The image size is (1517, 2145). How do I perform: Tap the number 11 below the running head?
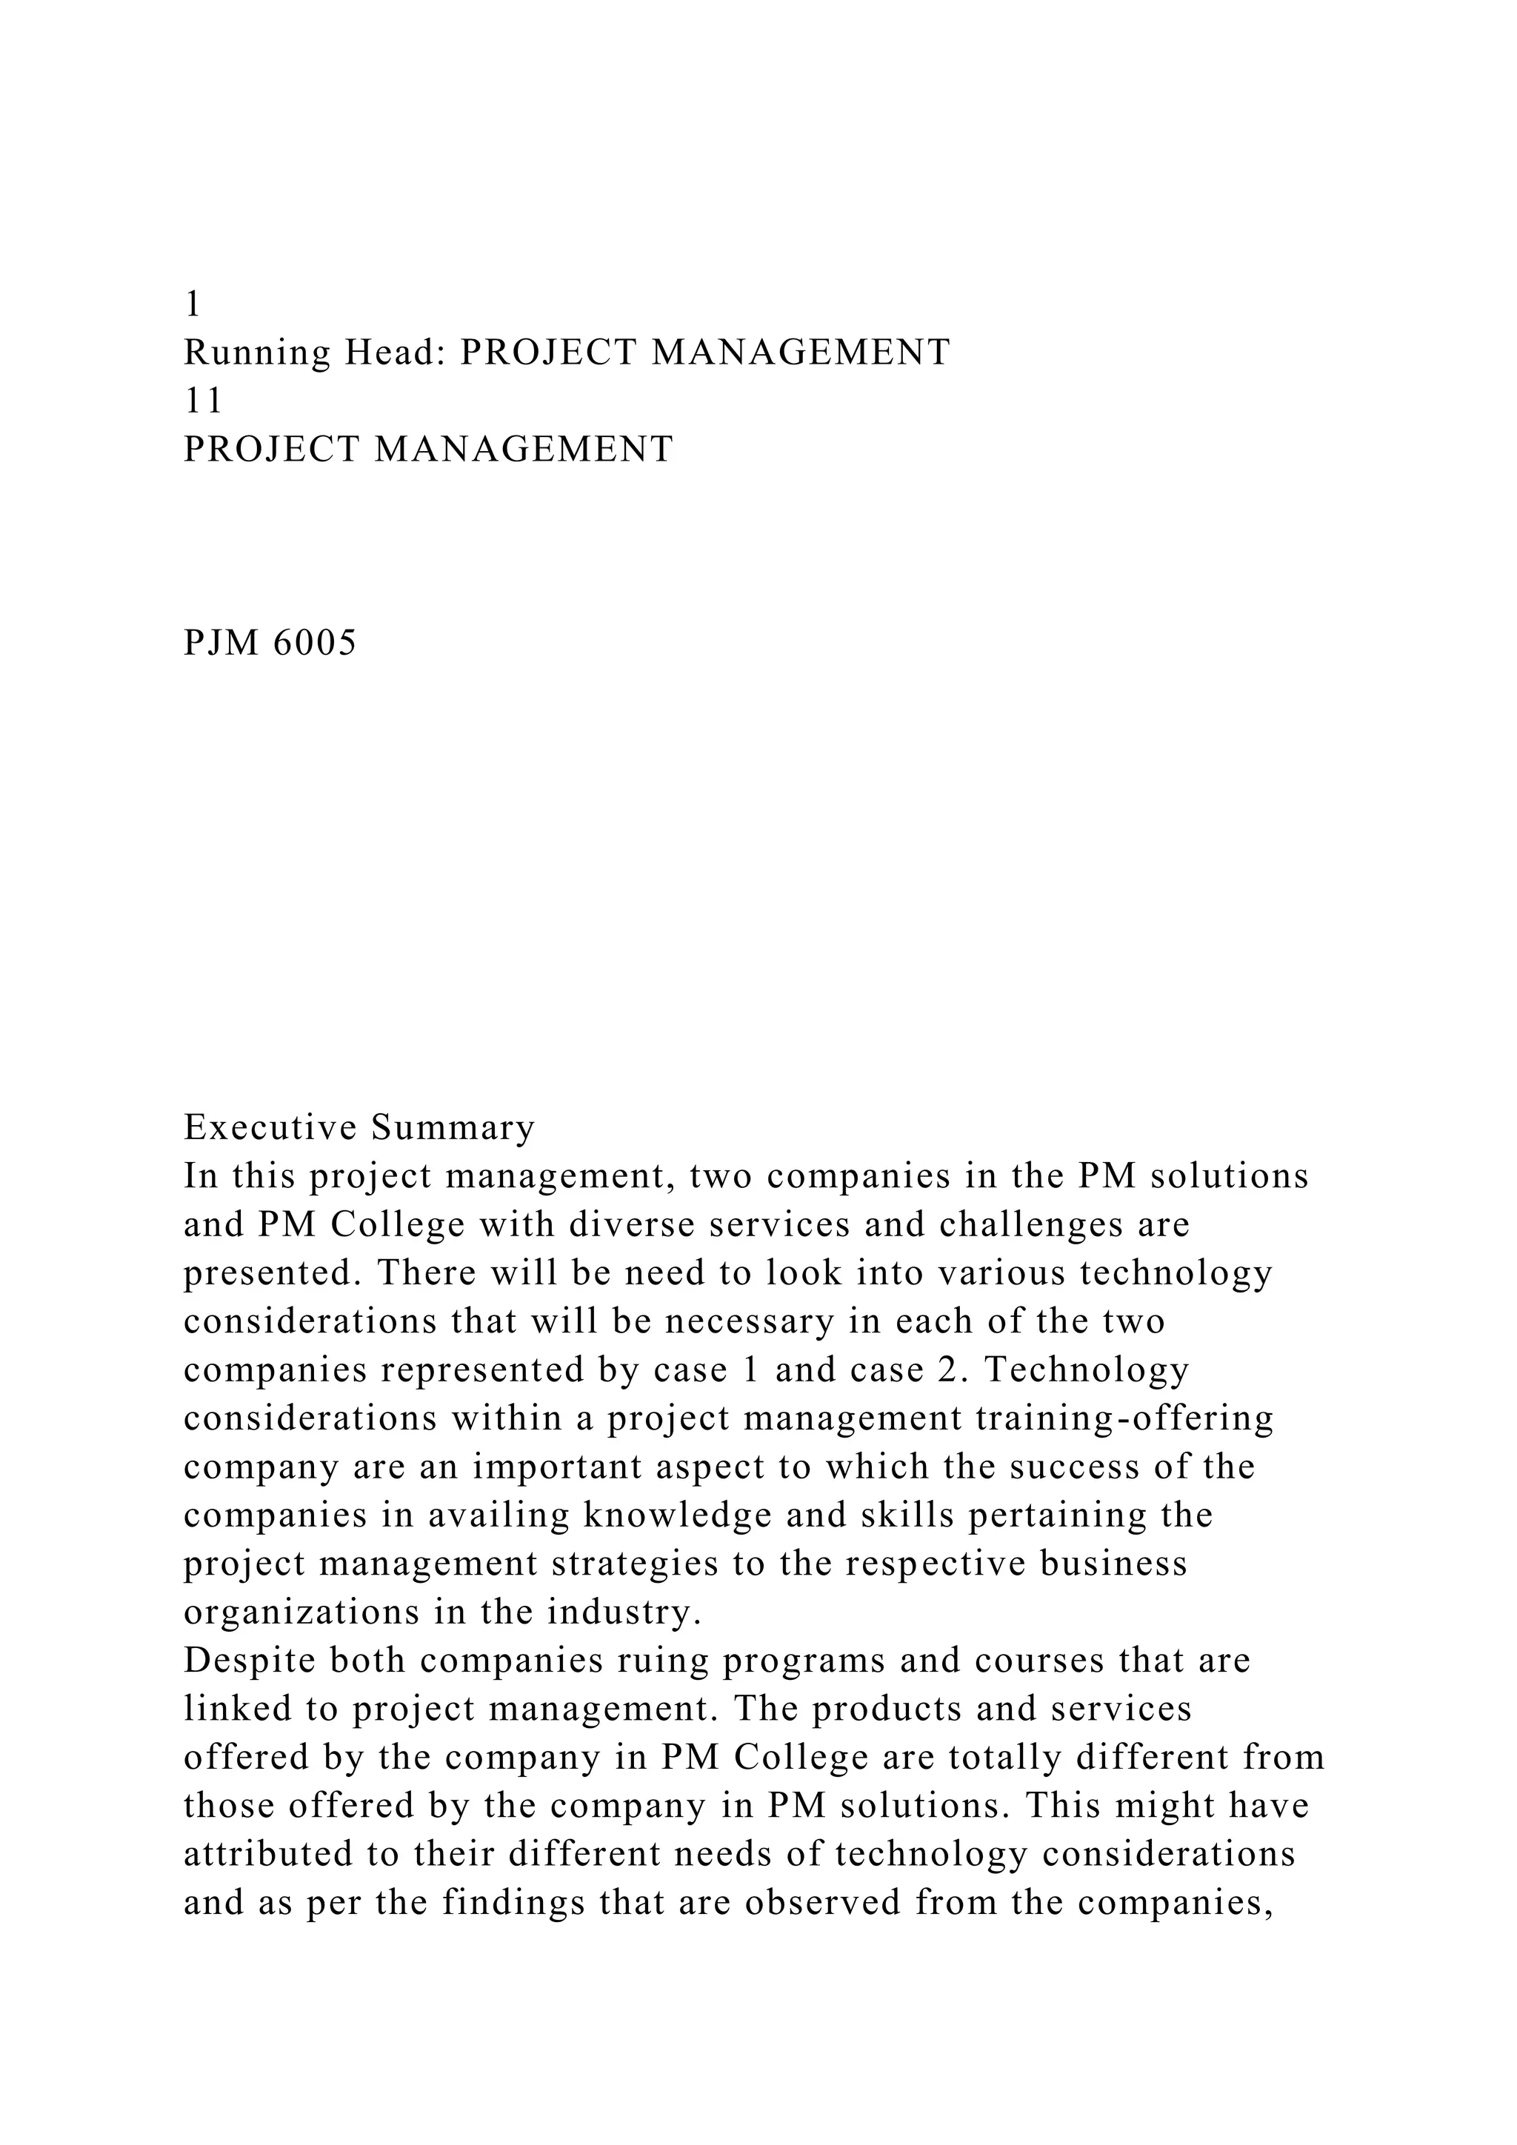[204, 401]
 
